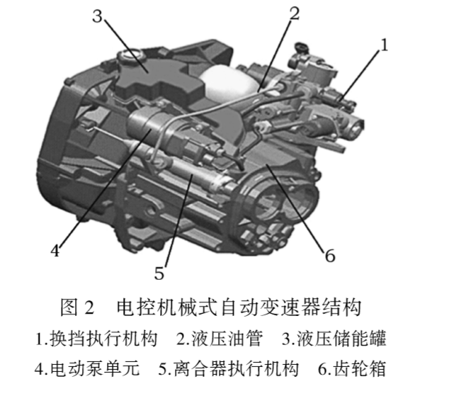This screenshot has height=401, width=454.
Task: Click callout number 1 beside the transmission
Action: point(384,45)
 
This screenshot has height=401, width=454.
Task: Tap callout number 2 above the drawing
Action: point(294,13)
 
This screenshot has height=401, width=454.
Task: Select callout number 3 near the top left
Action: point(97,16)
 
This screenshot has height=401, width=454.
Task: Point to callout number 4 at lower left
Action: point(55,250)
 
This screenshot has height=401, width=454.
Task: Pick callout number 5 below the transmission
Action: point(159,273)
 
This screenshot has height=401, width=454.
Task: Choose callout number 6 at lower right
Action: point(330,256)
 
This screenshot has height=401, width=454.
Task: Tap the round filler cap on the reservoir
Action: point(130,55)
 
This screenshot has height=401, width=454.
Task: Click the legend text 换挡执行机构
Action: point(103,339)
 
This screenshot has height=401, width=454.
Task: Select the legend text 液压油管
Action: point(227,339)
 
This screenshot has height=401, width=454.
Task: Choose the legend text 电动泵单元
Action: point(95,369)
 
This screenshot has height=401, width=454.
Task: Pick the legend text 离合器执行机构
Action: point(236,369)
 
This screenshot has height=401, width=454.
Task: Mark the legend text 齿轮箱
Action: point(360,369)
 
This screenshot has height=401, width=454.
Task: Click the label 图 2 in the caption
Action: point(77,307)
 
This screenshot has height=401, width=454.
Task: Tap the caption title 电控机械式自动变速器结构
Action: point(239,307)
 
